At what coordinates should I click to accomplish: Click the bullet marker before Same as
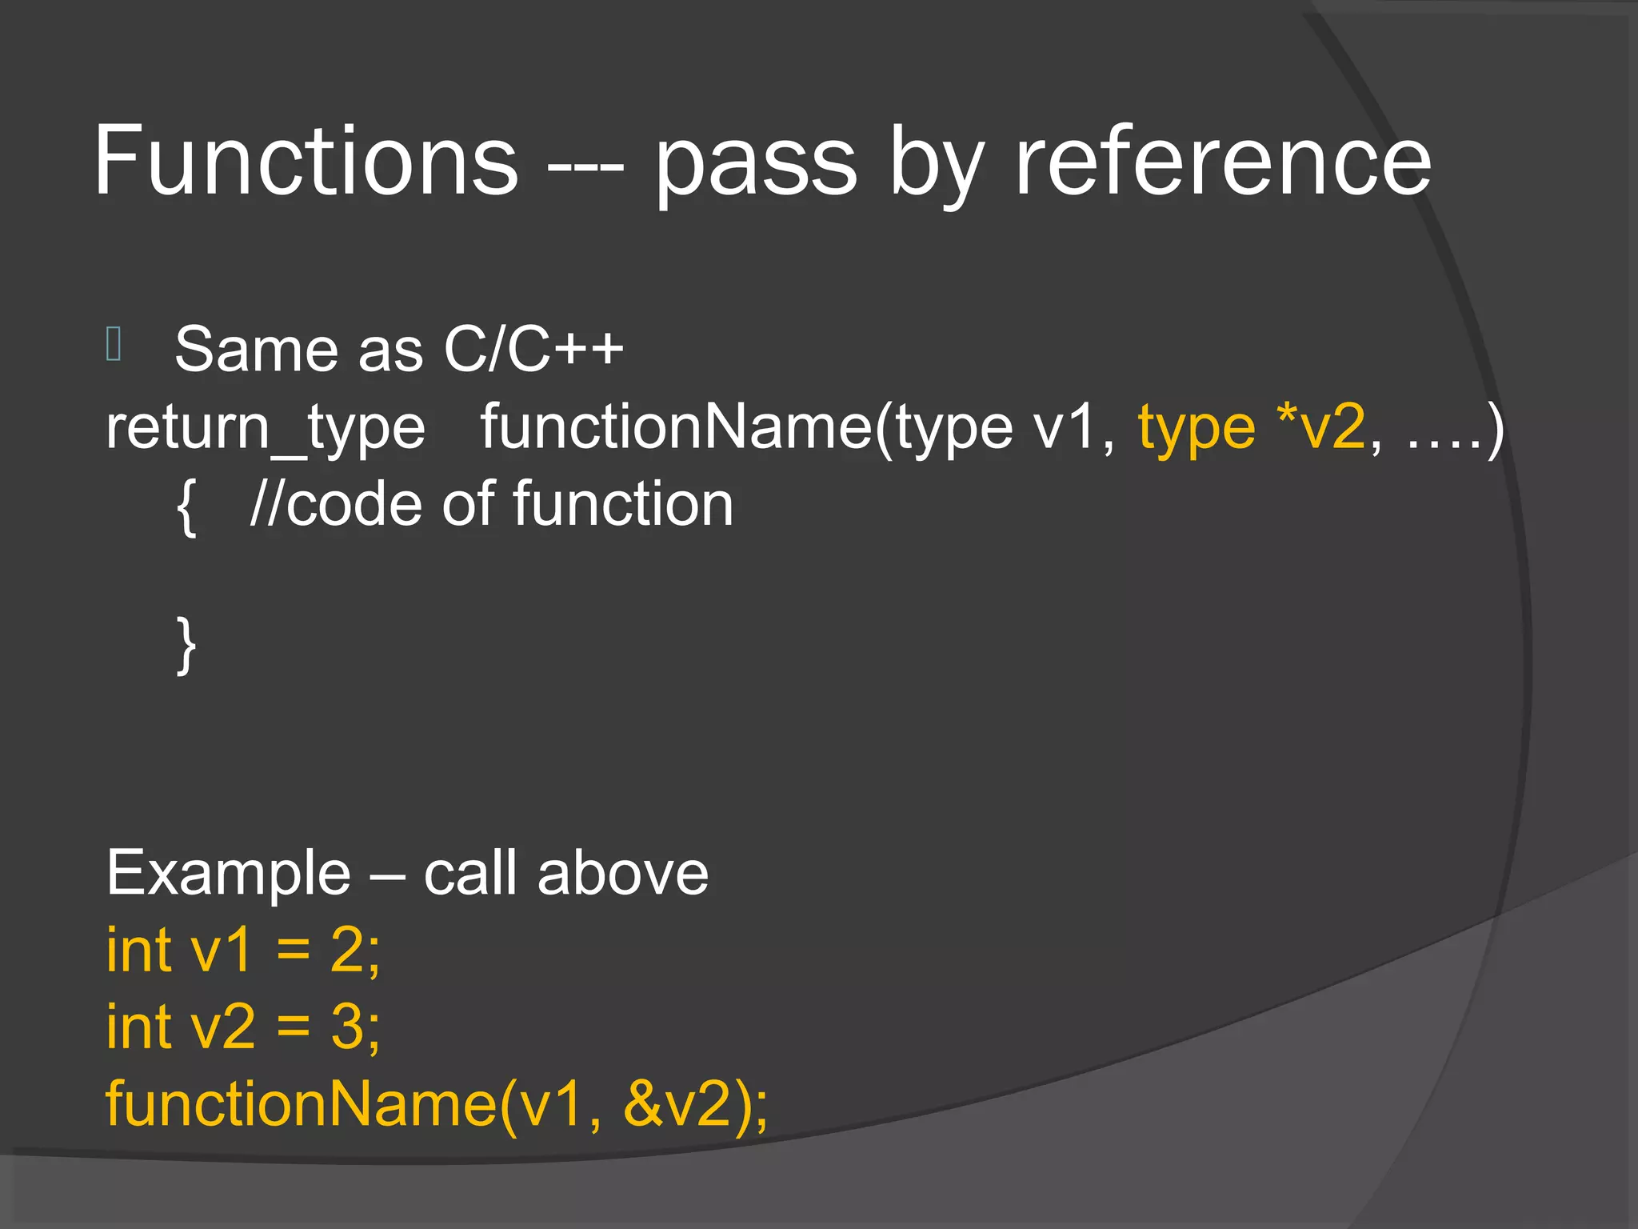coord(114,344)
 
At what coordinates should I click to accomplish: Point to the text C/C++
coord(533,349)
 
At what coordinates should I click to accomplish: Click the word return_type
coord(266,429)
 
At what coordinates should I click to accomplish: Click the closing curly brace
coord(186,645)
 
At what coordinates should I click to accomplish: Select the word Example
coord(229,874)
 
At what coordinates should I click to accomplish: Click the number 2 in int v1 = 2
coord(348,950)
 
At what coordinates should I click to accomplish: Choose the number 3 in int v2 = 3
coord(348,1027)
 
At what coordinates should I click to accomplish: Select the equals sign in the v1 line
coord(293,951)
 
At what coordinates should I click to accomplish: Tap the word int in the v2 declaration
coord(139,1027)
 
